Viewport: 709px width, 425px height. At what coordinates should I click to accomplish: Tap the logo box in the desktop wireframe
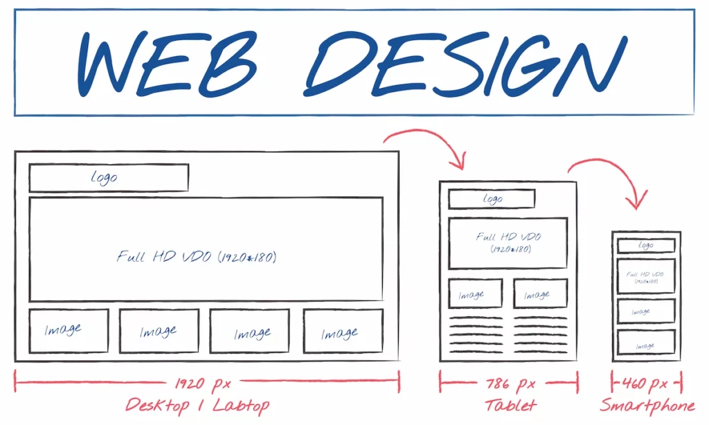pyautogui.click(x=109, y=178)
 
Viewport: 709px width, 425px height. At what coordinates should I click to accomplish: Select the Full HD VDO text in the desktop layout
pyautogui.click(x=197, y=257)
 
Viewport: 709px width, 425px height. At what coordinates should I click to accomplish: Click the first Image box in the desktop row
pyautogui.click(x=69, y=330)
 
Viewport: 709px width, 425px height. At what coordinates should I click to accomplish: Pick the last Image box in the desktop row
pyautogui.click(x=343, y=332)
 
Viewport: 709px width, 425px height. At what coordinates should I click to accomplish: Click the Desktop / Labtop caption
pyautogui.click(x=197, y=404)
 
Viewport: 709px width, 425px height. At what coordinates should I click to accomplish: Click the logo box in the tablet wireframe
pyautogui.click(x=492, y=199)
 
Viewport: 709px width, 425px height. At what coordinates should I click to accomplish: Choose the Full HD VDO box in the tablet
pyautogui.click(x=508, y=243)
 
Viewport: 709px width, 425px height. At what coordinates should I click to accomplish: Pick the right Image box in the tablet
pyautogui.click(x=540, y=293)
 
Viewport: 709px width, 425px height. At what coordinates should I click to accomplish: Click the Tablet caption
pyautogui.click(x=510, y=405)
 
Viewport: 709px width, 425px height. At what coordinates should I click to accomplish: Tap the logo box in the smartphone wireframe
pyautogui.click(x=646, y=246)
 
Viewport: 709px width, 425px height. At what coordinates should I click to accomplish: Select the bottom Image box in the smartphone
pyautogui.click(x=646, y=343)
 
